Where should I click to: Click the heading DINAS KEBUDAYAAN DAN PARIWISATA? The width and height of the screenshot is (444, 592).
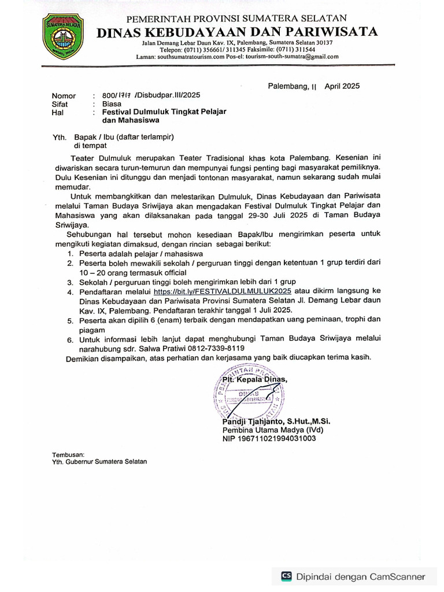click(x=238, y=31)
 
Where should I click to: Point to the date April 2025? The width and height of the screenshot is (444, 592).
click(x=342, y=86)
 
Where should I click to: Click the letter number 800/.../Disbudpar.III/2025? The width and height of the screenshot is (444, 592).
click(x=151, y=95)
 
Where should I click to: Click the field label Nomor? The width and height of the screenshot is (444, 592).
click(x=64, y=95)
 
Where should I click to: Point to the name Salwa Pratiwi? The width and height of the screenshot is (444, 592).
click(x=151, y=349)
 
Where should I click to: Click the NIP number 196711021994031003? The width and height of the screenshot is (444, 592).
click(x=269, y=439)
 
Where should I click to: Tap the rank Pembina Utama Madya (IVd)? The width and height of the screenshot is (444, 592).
click(x=272, y=430)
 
